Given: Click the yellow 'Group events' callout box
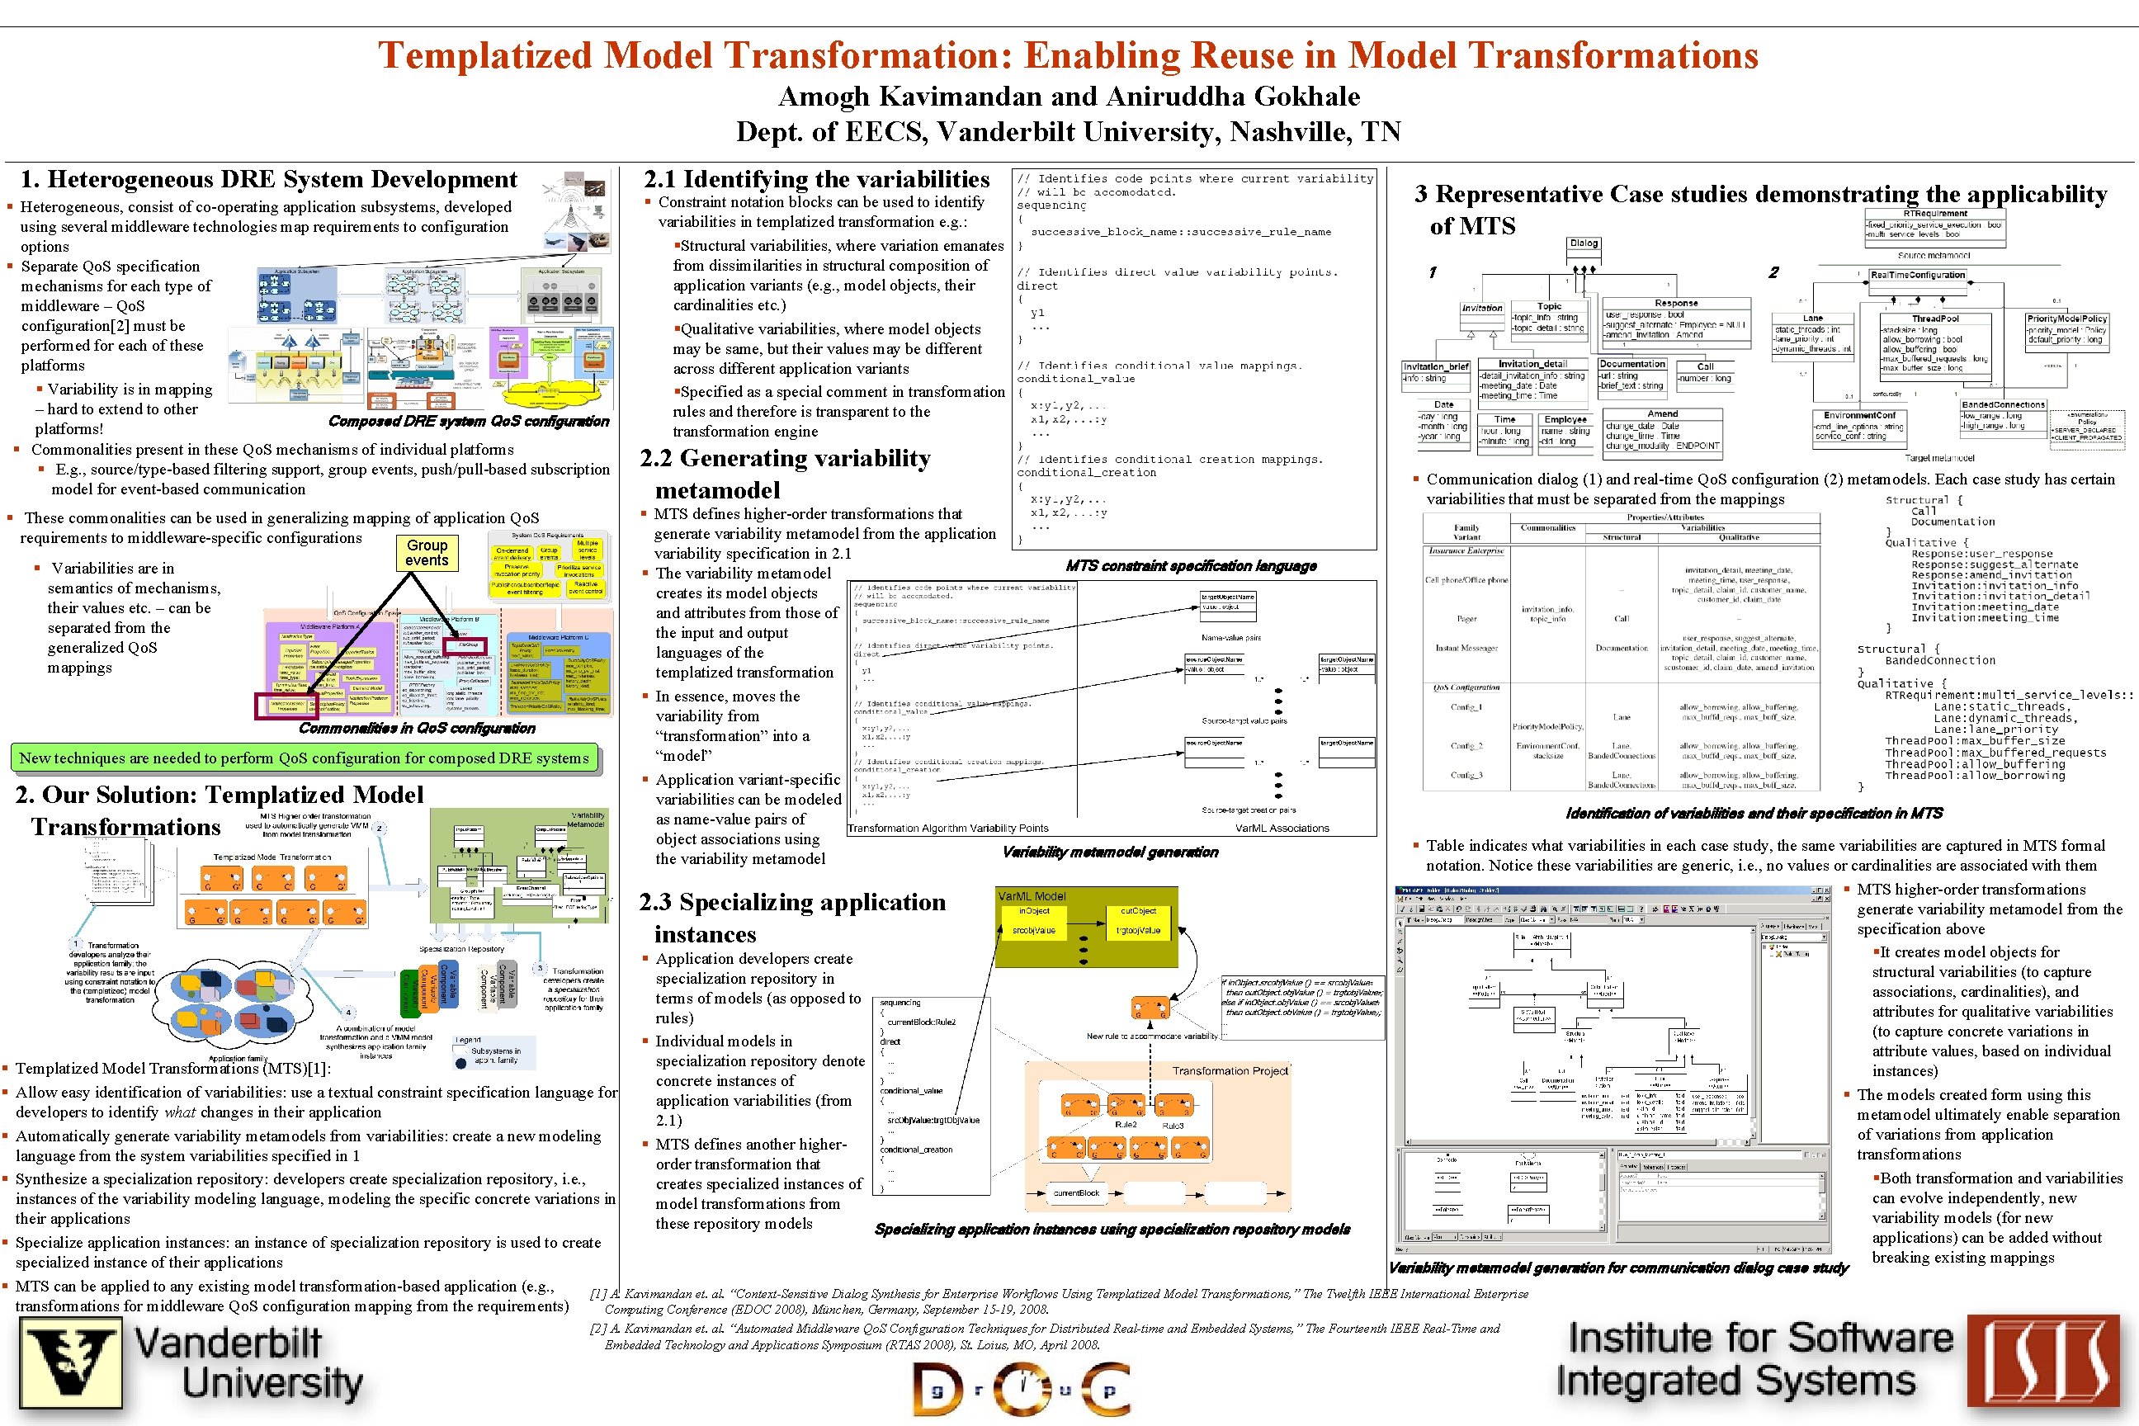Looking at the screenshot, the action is point(427,552).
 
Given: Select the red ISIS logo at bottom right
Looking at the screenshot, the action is point(2042,1364).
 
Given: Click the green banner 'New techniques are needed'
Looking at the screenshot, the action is point(305,758).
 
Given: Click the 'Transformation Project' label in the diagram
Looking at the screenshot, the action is point(1230,1070).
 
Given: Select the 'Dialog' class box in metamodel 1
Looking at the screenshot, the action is point(1584,243).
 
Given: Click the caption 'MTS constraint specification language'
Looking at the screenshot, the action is point(1191,565).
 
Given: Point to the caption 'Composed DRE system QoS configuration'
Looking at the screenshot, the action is point(469,421).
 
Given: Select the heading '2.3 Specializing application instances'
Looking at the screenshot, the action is point(792,918).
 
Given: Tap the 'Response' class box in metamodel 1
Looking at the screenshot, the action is point(1676,319).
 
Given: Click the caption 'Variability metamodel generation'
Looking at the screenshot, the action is point(1109,852).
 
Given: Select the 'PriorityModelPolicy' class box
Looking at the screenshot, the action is point(2066,329).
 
